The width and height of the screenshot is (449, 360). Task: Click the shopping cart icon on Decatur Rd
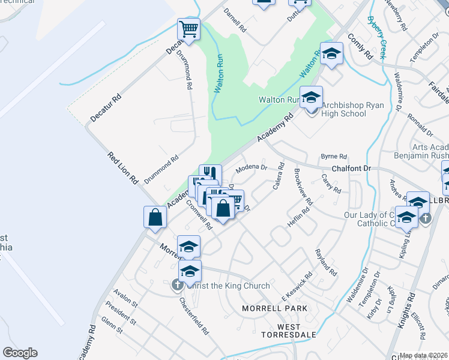[x=188, y=30]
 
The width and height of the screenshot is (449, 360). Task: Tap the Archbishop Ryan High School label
[x=343, y=109]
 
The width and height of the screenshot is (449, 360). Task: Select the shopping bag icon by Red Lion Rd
[x=155, y=218]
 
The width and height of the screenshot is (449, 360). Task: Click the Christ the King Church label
[x=228, y=286]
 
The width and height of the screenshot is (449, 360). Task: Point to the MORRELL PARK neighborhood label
[x=274, y=308]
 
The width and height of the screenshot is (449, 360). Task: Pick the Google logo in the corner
[x=20, y=353]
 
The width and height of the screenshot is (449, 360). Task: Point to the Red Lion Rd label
[x=123, y=168]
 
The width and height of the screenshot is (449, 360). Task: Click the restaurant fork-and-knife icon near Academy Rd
[x=209, y=173]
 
